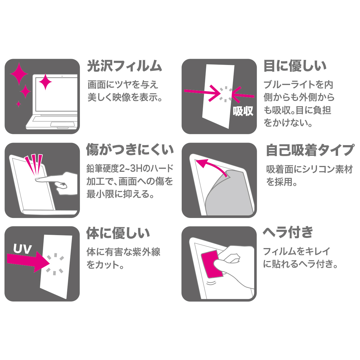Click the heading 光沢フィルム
125,66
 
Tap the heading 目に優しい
295,66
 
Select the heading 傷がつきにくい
130,150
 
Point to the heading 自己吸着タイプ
310,150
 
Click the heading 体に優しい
118,233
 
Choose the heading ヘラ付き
288,232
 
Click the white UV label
22,249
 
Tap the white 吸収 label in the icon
243,111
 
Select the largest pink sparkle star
19,74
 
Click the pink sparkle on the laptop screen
45,82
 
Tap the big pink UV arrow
28,262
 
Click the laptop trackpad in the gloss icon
63,124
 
